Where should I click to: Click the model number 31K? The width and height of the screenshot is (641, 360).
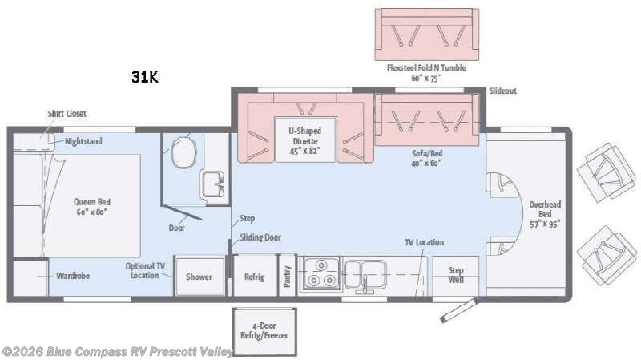click(145, 78)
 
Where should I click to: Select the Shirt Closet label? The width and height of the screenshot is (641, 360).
click(67, 114)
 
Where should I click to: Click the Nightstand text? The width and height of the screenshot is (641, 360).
click(83, 141)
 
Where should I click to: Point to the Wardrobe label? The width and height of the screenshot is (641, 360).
click(73, 277)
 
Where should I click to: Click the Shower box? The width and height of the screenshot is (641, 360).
click(199, 277)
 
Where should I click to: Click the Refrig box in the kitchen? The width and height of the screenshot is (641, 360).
click(254, 277)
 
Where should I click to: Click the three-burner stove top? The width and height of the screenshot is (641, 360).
click(320, 275)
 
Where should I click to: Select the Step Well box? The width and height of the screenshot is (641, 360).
click(455, 276)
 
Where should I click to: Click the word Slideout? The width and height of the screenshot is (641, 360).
click(502, 91)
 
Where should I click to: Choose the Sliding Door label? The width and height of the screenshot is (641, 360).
click(260, 237)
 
